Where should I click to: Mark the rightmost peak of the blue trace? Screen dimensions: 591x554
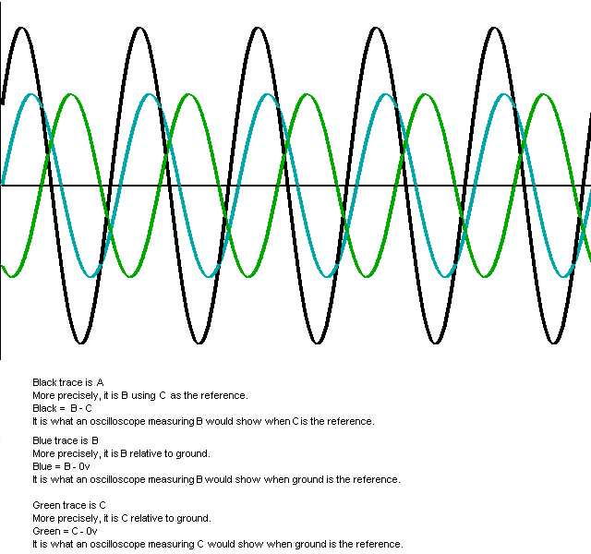[504, 95]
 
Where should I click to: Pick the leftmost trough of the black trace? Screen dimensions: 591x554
[80, 343]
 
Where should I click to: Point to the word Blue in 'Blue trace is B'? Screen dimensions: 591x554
[42, 440]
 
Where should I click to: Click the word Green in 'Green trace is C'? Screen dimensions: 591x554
[46, 505]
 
